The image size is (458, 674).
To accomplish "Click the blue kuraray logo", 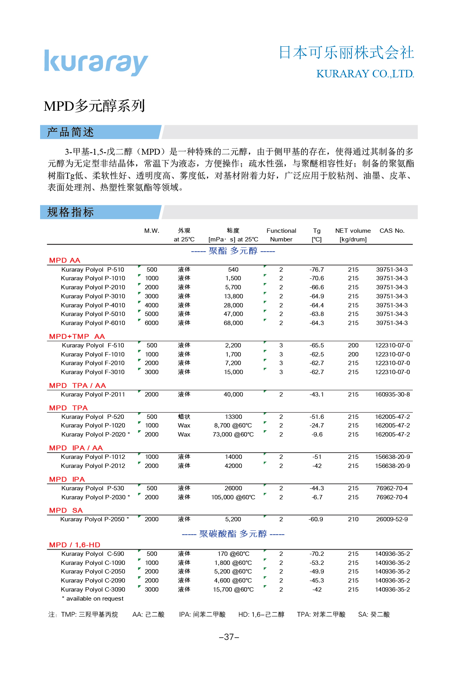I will tap(96, 62).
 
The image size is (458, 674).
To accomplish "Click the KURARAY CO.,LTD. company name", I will tap(365, 74).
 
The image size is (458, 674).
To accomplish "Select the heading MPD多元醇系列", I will tap(94, 106).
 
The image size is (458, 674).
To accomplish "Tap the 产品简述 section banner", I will tap(71, 132).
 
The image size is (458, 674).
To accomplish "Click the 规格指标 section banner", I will tap(71, 212).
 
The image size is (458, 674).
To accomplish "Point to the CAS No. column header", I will tap(392, 231).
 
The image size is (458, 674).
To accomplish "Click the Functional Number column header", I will tap(281, 235).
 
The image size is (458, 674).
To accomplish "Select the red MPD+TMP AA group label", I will tap(77, 336).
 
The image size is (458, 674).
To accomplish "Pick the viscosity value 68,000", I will tap(234, 323).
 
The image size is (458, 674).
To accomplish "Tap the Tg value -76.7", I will tap(316, 270).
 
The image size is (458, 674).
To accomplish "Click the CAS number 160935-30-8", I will tap(392, 395).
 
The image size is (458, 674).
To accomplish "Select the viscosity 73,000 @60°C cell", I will tap(233, 435).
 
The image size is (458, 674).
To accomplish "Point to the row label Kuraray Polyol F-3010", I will tap(93, 372).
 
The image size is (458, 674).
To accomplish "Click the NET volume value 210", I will tap(353, 519).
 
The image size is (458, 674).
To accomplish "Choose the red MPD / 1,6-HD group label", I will tap(75, 545).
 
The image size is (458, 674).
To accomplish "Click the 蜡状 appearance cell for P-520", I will tap(184, 417).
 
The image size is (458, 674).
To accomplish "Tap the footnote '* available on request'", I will tap(93, 599).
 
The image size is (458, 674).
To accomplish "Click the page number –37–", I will tap(229, 637).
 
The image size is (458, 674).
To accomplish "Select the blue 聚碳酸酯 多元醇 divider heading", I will tap(233, 534).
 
